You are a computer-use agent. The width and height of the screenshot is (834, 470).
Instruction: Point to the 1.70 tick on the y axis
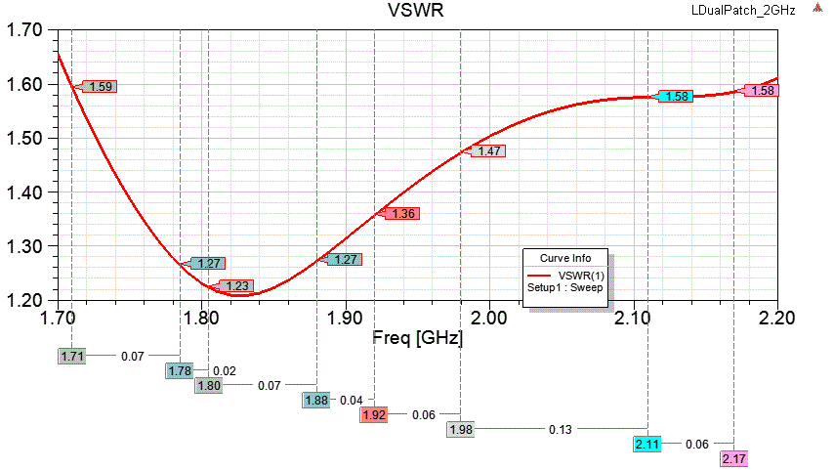[24, 30]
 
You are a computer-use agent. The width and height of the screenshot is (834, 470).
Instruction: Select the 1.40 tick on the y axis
[24, 192]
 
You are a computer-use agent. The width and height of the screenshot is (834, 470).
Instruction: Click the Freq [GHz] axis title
[417, 338]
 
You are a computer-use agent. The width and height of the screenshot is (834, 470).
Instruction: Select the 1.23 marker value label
[236, 286]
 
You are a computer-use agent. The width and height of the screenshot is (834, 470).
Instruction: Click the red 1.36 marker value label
[402, 213]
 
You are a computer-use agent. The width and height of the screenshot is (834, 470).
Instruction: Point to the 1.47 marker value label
[489, 151]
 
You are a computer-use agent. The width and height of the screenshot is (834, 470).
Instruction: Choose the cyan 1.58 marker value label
[676, 97]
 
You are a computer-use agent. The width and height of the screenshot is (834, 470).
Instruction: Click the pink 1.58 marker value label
[762, 91]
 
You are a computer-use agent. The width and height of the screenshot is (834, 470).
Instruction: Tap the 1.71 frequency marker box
[71, 357]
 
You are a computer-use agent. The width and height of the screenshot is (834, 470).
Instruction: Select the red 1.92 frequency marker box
[374, 414]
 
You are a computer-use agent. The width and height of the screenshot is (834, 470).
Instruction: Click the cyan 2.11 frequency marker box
[647, 444]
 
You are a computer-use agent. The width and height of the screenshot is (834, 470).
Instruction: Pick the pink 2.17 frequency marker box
[734, 458]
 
